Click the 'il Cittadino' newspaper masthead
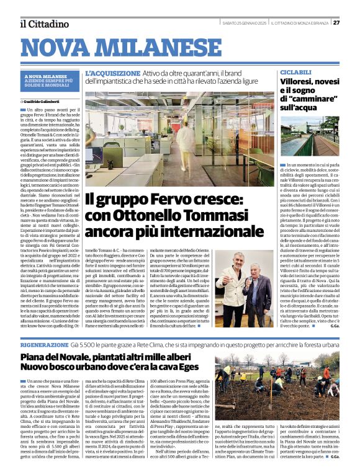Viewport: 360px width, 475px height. tap(43, 24)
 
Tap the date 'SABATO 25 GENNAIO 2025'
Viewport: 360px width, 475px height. tap(245, 22)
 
